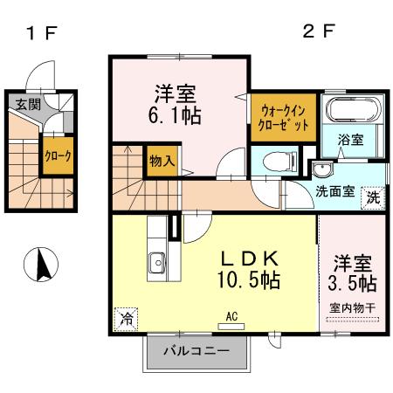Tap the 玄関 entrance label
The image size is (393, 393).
point(27,103)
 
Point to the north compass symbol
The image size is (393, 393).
point(41,264)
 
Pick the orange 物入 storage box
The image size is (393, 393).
point(162,162)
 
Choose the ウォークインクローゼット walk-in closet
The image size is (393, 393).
point(280,118)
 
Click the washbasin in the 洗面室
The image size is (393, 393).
point(321,169)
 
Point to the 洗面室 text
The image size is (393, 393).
point(334,192)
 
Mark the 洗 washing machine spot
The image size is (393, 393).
point(374,197)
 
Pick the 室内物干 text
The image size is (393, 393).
point(353,307)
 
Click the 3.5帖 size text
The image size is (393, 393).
point(353,283)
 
